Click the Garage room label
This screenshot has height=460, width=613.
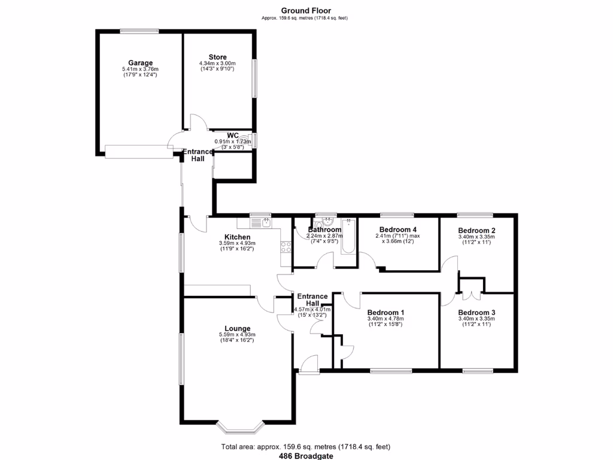(140, 63)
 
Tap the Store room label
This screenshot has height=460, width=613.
(217, 57)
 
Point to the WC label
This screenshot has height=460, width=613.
(233, 135)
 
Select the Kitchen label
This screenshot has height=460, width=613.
(237, 237)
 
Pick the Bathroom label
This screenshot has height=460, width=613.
(324, 229)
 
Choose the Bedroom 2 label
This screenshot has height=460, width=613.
(477, 231)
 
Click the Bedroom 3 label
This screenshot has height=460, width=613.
(477, 313)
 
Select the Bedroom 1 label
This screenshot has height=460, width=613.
(386, 313)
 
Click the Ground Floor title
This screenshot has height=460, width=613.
(306, 11)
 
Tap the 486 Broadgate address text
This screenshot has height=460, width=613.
(306, 455)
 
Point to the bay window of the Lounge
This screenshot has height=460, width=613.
(240, 426)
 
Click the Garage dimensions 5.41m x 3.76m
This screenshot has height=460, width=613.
(140, 69)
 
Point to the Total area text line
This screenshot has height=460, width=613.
(306, 447)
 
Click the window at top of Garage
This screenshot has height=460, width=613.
(138, 31)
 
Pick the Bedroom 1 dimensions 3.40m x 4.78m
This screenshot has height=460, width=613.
(386, 319)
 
